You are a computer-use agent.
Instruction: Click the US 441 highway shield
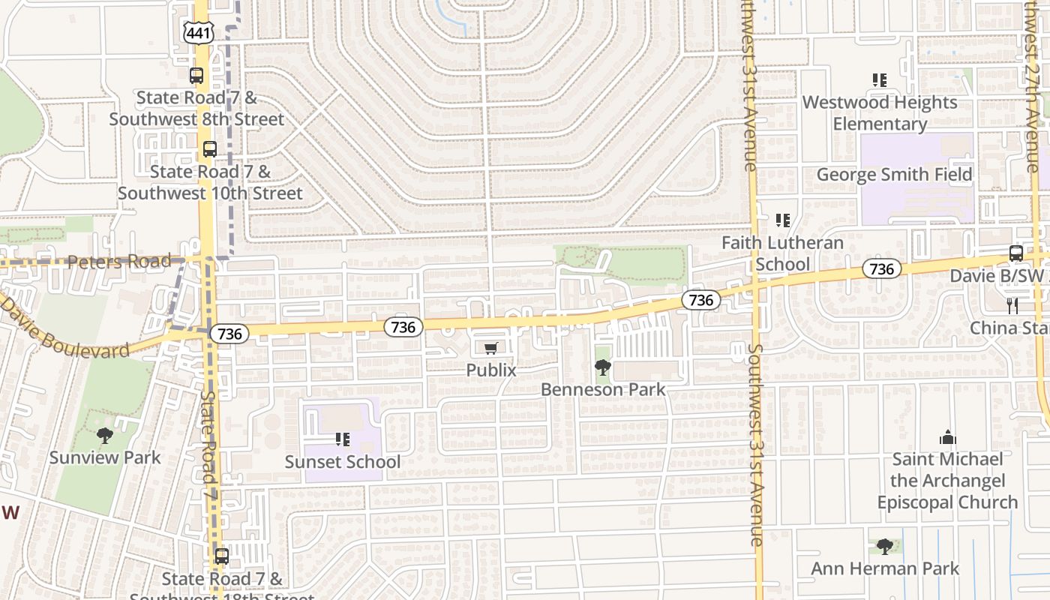199,31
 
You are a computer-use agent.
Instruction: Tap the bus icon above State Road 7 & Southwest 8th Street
196,75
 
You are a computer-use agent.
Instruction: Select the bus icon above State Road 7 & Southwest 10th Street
210,148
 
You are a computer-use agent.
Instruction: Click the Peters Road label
119,262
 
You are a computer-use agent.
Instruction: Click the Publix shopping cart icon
491,347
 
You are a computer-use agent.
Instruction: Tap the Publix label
491,370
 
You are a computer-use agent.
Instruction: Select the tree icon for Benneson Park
602,367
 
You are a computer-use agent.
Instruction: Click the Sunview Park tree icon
105,435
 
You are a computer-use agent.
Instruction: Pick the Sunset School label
343,461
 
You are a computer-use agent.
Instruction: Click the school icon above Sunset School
343,439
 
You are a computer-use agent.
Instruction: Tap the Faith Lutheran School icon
783,220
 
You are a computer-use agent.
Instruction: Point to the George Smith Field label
894,175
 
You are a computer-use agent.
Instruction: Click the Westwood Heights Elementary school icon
880,79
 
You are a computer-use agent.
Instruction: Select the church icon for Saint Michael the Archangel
948,437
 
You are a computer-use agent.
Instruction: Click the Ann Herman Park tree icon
885,546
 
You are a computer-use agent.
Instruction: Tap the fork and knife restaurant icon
1012,305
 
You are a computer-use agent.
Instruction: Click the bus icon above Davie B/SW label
1016,253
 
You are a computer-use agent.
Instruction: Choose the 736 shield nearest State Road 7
229,334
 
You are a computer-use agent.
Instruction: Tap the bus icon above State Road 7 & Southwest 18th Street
222,556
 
